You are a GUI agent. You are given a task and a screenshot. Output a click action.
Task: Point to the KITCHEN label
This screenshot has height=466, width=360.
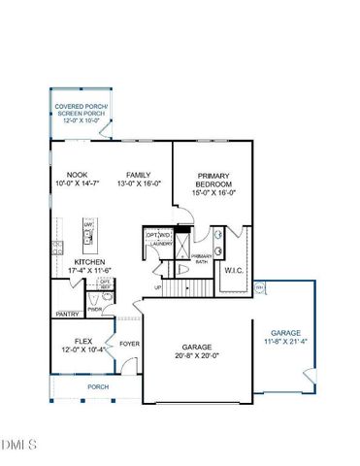click(88, 262)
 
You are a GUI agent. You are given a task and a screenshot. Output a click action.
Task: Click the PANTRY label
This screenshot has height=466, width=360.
click(67, 315)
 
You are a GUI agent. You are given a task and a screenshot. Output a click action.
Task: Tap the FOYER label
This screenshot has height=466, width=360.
click(129, 344)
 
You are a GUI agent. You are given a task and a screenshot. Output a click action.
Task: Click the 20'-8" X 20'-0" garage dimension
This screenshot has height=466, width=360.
click(197, 355)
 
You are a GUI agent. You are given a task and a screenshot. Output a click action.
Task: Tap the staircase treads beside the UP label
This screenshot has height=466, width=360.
click(176, 287)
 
